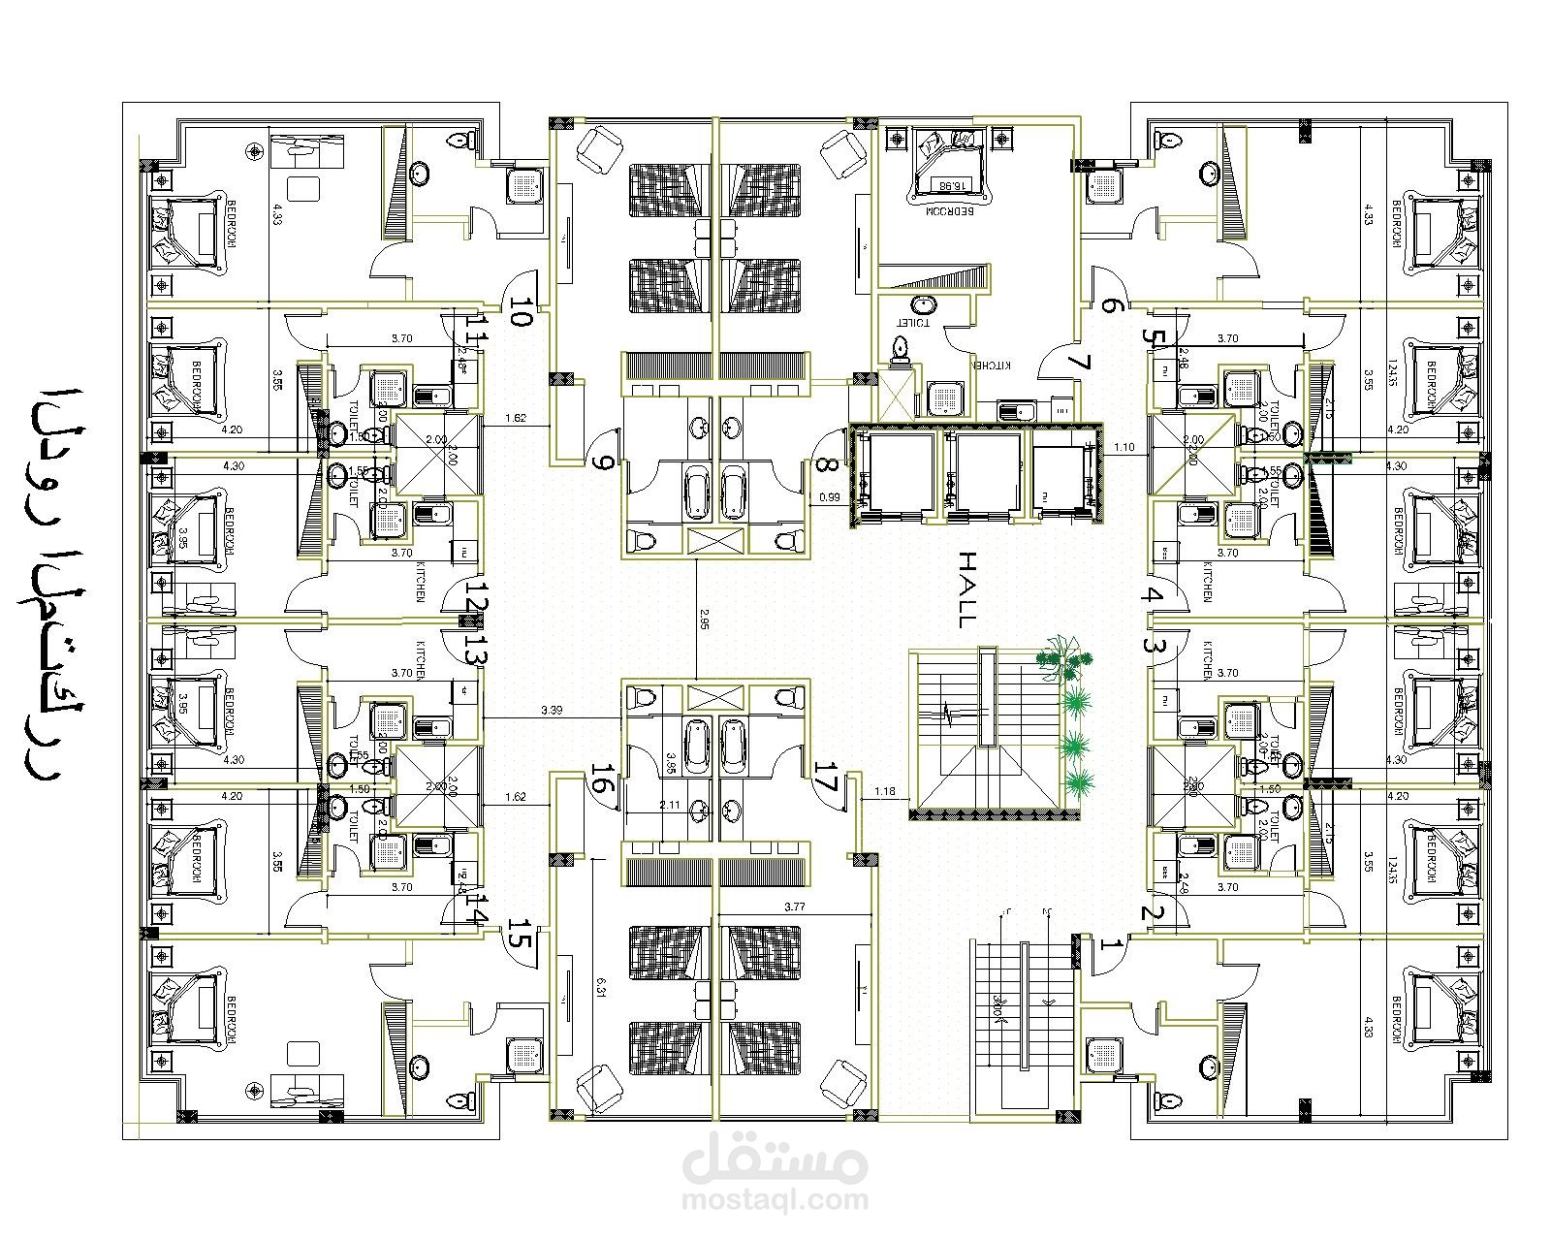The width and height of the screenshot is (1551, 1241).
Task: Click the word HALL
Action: point(967,590)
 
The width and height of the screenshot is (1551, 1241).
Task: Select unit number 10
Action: point(521,313)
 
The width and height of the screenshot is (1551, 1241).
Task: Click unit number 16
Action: point(602,780)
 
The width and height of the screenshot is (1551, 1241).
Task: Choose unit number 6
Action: point(1111,306)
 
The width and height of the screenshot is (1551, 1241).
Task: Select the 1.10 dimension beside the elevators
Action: point(1124,448)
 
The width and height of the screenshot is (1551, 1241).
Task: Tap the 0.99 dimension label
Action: point(829,497)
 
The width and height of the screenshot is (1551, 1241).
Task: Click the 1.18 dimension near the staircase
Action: point(884,791)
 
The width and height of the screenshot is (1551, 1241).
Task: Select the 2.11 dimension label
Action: point(669,804)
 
